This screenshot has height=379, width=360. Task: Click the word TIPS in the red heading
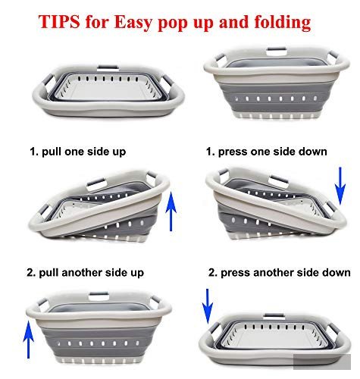click(x=59, y=22)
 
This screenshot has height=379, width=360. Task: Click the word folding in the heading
click(x=283, y=23)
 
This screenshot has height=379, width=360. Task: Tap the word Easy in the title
click(x=133, y=23)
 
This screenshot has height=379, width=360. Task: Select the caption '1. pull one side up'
click(x=78, y=152)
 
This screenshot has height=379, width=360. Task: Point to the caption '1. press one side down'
click(x=267, y=152)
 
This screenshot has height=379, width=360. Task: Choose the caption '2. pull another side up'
click(x=86, y=273)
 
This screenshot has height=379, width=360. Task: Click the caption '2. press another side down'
click(x=280, y=273)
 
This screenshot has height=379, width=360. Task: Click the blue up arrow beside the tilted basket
click(x=171, y=211)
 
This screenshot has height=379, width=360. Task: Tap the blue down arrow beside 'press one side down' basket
click(x=340, y=186)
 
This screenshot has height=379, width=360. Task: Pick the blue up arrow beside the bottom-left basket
click(x=29, y=340)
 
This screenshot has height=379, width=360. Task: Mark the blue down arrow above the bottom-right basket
click(x=208, y=306)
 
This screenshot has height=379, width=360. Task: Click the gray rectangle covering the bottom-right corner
click(x=322, y=362)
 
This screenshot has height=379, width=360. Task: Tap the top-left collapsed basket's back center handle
click(x=108, y=67)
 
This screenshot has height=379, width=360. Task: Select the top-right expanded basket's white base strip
click(x=277, y=116)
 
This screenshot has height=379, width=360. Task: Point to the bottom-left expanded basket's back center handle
click(x=99, y=295)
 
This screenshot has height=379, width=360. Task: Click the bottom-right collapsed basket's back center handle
click(x=274, y=315)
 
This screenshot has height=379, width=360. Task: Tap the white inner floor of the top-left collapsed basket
click(x=108, y=89)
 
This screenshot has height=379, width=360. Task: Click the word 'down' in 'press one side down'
click(x=313, y=152)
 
